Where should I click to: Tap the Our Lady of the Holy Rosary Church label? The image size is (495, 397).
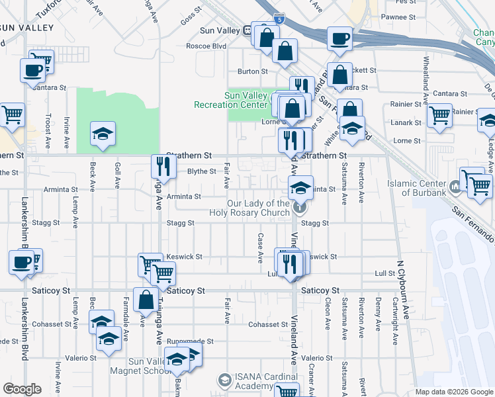(x=250, y=208)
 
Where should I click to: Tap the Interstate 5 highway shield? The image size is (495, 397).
(x=281, y=20)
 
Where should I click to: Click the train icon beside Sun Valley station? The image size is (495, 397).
(x=247, y=29)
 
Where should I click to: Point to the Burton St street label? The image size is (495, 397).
(x=253, y=71)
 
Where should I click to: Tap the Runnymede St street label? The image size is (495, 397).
(x=190, y=341)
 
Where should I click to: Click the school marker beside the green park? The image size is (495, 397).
(x=103, y=134)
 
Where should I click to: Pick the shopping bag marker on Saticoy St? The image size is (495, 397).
(x=145, y=300)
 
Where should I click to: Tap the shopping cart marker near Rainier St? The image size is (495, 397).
(x=439, y=116)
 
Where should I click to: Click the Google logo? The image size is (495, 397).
(x=22, y=389)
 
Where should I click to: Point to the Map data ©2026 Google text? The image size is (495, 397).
(x=453, y=392)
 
